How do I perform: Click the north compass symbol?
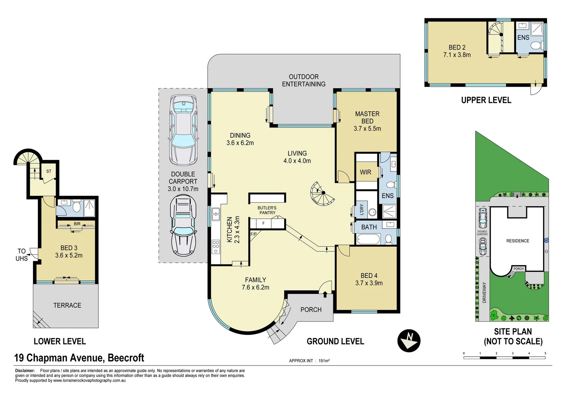click(x=409, y=341)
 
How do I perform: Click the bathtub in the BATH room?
click(x=369, y=239)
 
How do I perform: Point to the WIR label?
click(x=365, y=172)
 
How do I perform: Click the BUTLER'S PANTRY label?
click(x=267, y=210)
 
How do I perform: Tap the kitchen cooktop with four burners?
click(x=216, y=247)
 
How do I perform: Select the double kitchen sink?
click(x=216, y=214)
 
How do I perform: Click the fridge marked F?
click(x=263, y=223)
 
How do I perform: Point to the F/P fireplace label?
click(x=253, y=234)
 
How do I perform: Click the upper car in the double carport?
click(x=183, y=130)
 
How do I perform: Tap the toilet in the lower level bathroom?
click(x=76, y=207)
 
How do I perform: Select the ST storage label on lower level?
click(x=49, y=171)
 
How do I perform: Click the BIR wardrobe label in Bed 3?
click(x=77, y=224)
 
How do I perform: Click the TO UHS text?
click(x=22, y=255)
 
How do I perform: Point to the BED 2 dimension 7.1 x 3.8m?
click(x=457, y=55)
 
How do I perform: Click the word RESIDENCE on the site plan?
click(x=518, y=241)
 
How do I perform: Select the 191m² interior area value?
click(x=324, y=361)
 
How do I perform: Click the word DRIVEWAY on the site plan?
click(x=484, y=292)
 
